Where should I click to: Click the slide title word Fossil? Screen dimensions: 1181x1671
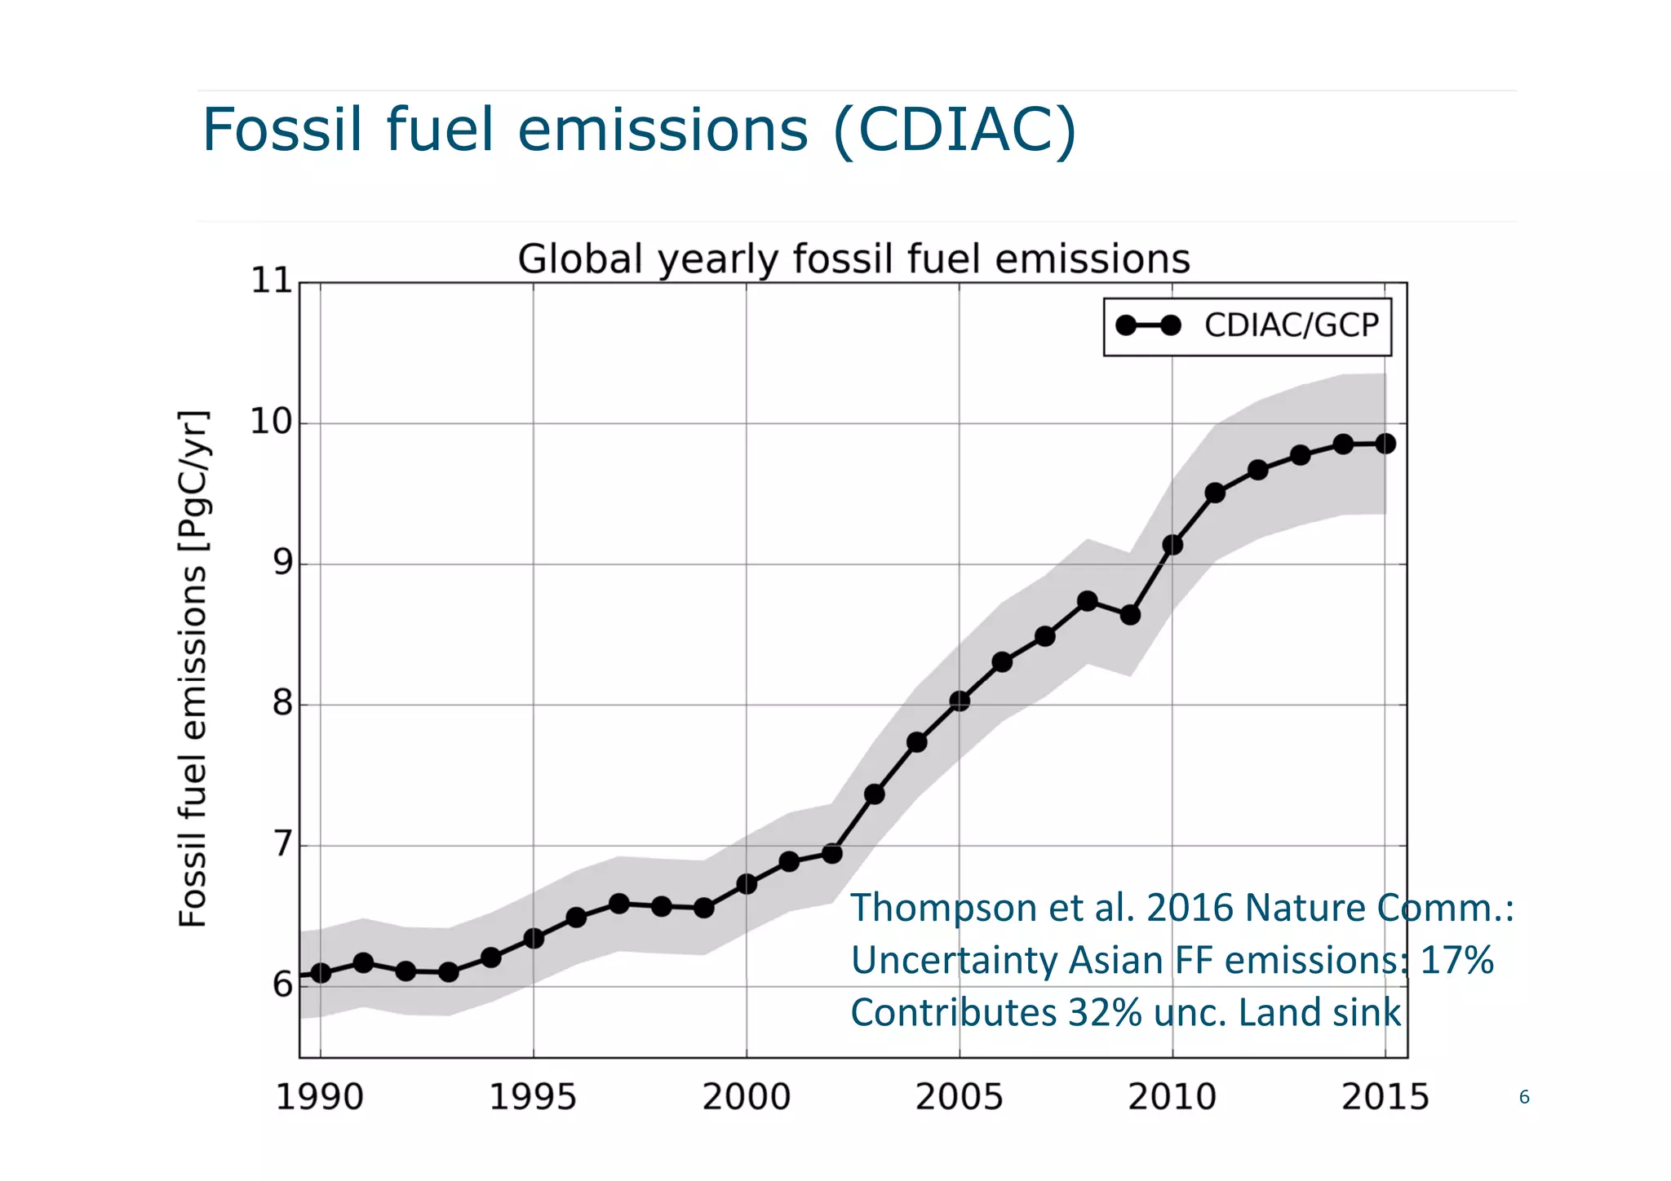point(281,130)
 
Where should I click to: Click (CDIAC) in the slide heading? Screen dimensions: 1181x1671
point(955,130)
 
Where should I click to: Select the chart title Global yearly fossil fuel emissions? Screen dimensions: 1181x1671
point(853,259)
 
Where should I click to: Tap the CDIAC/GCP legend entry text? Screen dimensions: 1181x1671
point(1291,325)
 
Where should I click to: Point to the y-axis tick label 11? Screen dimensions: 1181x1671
point(271,281)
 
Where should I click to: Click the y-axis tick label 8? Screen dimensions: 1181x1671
point(282,703)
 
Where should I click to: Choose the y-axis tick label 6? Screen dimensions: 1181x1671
point(282,985)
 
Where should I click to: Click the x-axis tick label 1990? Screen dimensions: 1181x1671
point(319,1097)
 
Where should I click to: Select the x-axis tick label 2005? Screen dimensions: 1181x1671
point(959,1097)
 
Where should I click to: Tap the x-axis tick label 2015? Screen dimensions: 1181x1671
point(1385,1097)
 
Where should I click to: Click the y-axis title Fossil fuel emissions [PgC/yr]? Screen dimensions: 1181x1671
point(193,669)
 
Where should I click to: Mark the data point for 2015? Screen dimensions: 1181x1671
point(1385,444)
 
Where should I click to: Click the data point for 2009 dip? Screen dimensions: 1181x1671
point(1130,615)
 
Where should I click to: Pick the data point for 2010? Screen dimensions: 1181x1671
point(1172,545)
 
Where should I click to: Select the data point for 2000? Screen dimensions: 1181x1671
point(747,884)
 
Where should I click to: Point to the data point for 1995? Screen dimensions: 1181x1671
point(534,939)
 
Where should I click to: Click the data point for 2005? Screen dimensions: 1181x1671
point(960,701)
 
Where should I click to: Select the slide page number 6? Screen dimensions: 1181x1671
point(1523,1098)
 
